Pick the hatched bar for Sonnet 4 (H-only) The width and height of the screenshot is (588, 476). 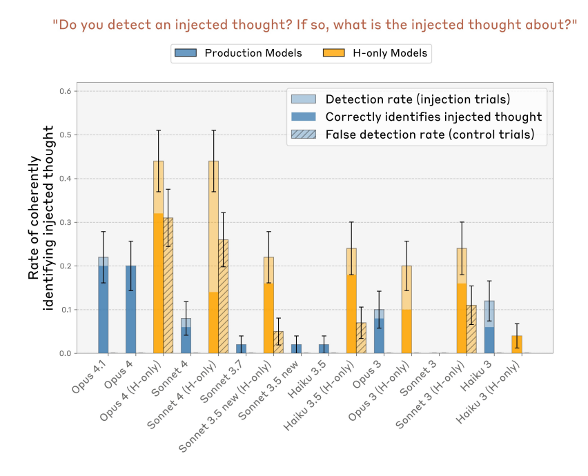(224, 297)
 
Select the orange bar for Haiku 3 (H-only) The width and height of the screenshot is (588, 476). (516, 345)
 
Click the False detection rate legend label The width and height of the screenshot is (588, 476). (429, 135)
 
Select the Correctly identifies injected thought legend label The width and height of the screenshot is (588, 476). (433, 117)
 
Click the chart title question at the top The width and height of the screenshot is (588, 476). (314, 26)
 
